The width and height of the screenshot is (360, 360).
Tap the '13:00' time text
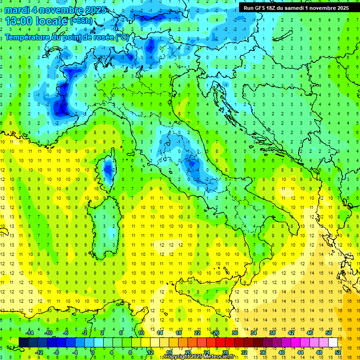click(18, 21)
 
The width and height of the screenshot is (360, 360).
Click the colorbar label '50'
click(329, 333)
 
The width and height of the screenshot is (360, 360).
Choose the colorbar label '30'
click(235, 333)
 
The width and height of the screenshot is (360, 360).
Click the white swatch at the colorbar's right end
click(333, 342)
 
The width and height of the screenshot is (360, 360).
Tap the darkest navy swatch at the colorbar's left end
click(24, 342)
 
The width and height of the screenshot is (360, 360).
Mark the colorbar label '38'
click(272, 333)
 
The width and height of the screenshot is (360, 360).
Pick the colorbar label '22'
click(197, 333)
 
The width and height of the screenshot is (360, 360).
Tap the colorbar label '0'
click(93, 352)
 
